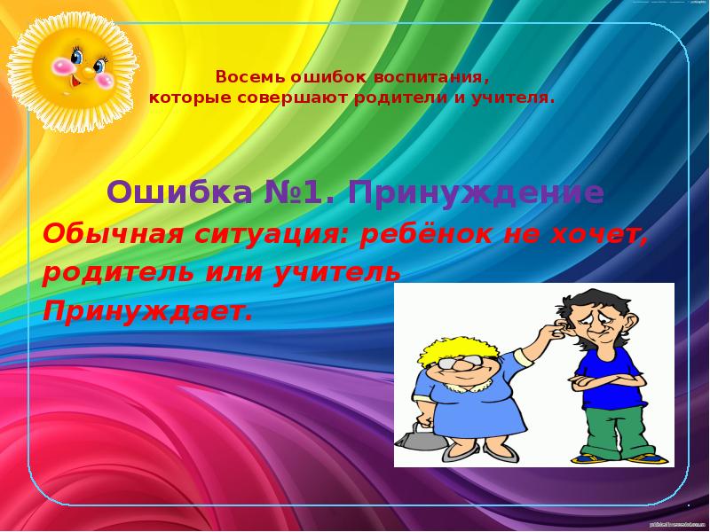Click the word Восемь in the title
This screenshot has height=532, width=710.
pyautogui.click(x=241, y=77)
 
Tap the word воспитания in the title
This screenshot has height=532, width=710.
pyautogui.click(x=439, y=77)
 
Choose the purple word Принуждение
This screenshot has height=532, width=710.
pyautogui.click(x=477, y=192)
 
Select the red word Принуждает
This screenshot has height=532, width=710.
pyautogui.click(x=147, y=311)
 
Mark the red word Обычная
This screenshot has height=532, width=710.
pyautogui.click(x=108, y=235)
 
